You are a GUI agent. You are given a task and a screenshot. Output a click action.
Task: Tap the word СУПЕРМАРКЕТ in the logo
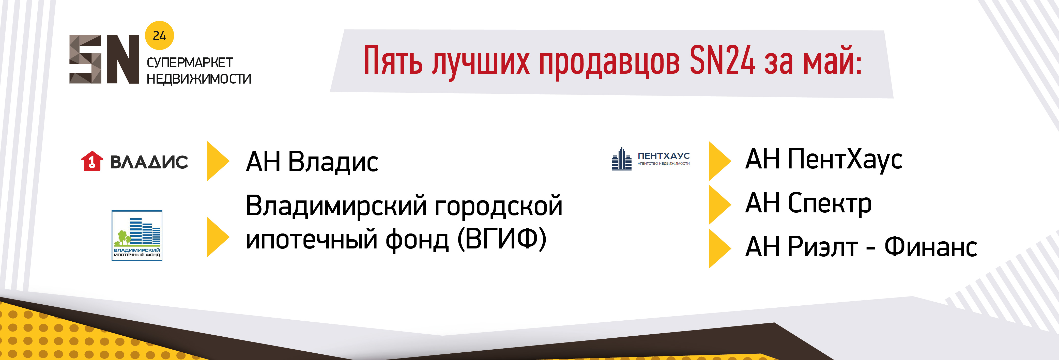click(190, 63)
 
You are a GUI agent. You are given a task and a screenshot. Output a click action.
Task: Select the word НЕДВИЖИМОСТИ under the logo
click(199, 79)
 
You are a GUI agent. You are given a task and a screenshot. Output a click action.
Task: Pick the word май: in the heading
click(833, 60)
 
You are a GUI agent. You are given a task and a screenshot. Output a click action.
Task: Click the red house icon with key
click(92, 161)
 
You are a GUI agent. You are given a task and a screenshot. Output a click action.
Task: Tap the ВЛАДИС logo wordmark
click(149, 162)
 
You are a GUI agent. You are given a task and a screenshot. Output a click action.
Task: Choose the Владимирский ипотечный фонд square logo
click(137, 236)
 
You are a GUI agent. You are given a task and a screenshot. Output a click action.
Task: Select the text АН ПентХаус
click(824, 160)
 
